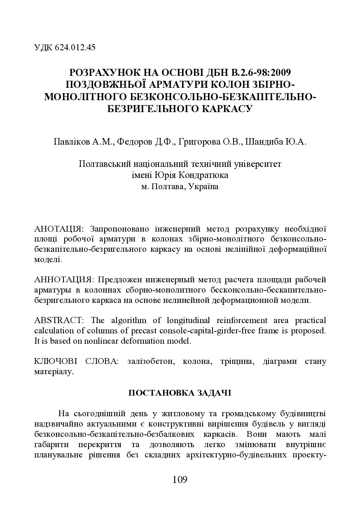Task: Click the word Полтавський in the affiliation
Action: coord(105,164)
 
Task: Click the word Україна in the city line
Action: coord(204,186)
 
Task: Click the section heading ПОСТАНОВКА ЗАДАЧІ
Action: coord(180,393)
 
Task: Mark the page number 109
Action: coord(180,479)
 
